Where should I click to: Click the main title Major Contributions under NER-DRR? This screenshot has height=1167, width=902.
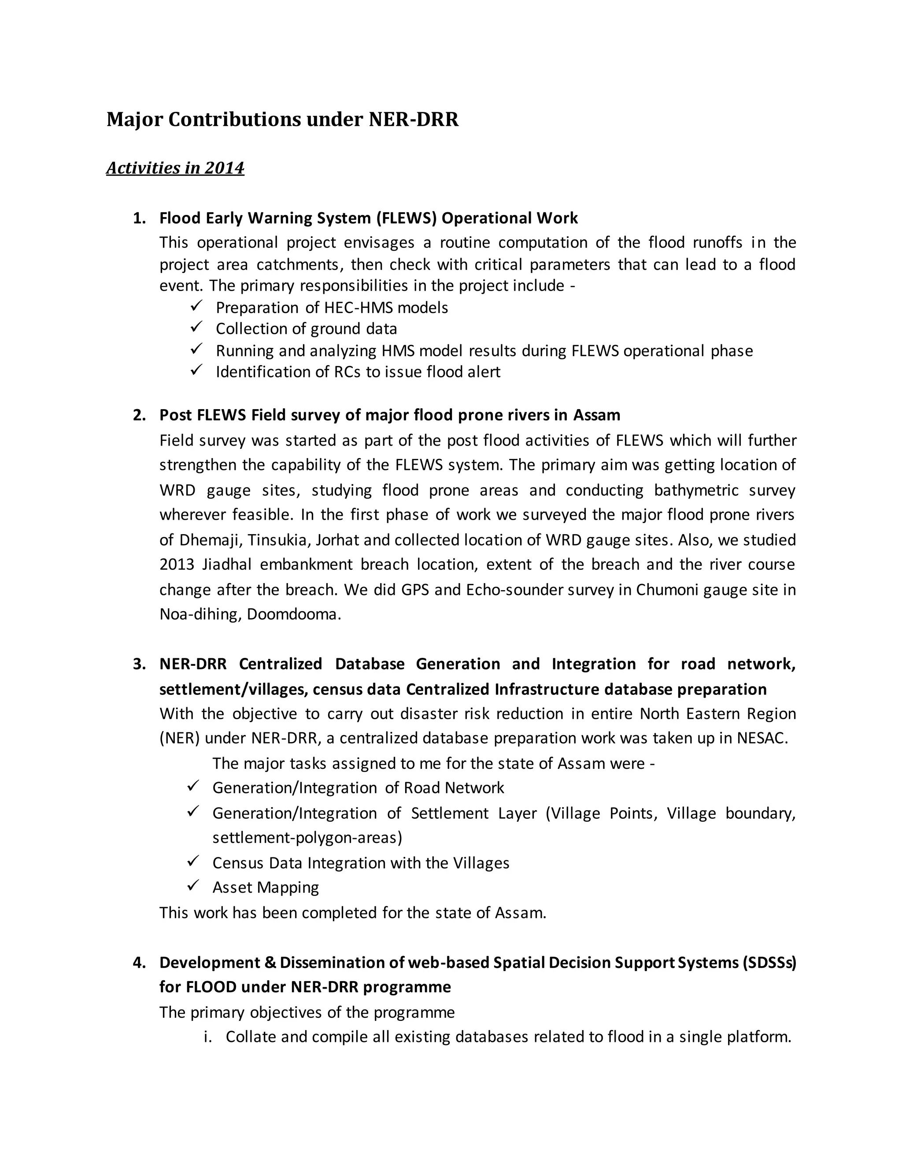(x=282, y=119)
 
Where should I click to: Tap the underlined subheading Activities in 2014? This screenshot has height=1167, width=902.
(x=175, y=168)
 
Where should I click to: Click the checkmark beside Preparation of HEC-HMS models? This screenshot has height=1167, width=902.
(x=196, y=306)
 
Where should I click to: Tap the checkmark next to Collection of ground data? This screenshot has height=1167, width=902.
(x=196, y=327)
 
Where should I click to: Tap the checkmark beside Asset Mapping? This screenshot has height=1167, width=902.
(x=193, y=886)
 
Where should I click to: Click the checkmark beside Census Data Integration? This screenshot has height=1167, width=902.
(x=193, y=861)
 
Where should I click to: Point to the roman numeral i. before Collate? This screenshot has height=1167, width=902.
(x=208, y=1037)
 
